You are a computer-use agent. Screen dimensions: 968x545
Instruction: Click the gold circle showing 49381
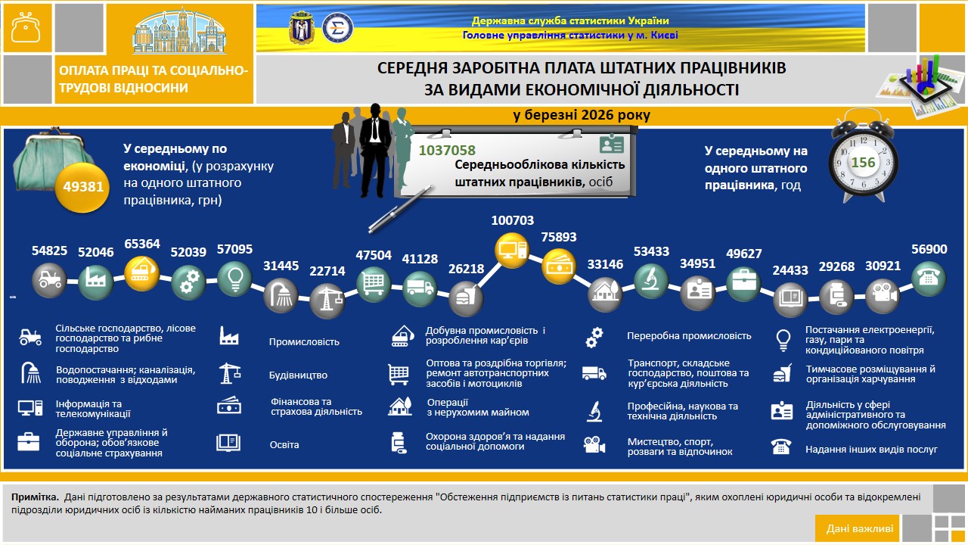pos(82,187)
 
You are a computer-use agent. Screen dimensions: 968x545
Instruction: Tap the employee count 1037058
pos(447,150)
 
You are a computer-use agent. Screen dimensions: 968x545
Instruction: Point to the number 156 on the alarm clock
pos(863,162)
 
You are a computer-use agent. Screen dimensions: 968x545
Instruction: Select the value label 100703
pos(513,220)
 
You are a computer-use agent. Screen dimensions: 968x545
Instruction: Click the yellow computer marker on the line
pos(512,250)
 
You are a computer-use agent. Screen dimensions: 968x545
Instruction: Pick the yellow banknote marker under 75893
pos(559,266)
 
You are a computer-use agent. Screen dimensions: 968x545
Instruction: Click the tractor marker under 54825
pos(49,280)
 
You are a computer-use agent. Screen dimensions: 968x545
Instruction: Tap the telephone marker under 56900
pos(929,278)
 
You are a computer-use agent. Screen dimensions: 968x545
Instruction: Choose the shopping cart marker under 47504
pos(374,284)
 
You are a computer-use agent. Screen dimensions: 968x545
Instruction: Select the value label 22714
pos(327,271)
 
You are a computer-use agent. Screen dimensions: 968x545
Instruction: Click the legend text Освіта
pos(284,444)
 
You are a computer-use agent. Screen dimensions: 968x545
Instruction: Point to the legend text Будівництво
pos(298,375)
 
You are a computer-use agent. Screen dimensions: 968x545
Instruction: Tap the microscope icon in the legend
pos(594,411)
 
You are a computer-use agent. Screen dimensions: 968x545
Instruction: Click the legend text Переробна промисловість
pos(689,335)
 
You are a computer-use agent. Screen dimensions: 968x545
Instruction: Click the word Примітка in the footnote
pos(35,497)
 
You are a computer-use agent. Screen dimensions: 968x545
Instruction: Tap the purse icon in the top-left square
pos(26,28)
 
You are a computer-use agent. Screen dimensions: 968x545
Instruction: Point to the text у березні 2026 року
pos(582,115)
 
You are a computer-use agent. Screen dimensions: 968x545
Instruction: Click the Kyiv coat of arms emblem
pos(301,28)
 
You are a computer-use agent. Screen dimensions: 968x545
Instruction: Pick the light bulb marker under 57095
pos(234,279)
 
